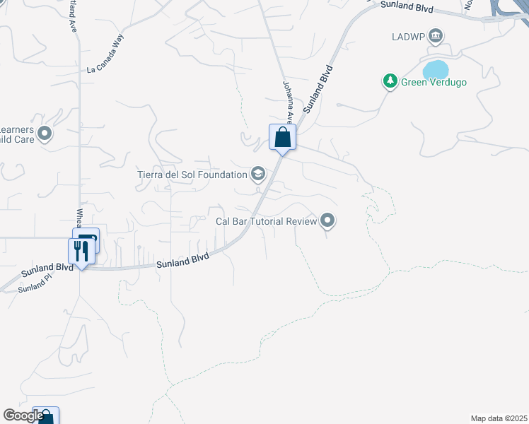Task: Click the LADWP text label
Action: click(x=407, y=36)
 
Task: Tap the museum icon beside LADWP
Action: click(x=436, y=35)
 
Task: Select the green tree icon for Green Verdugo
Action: click(x=390, y=82)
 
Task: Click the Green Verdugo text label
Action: click(x=434, y=82)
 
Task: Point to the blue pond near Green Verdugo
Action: click(x=436, y=70)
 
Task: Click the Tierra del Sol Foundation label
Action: click(x=192, y=174)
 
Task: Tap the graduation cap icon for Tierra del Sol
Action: click(x=258, y=174)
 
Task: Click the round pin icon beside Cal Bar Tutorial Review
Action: click(x=327, y=221)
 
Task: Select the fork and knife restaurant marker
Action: click(x=81, y=251)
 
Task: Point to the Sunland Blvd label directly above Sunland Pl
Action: click(x=47, y=269)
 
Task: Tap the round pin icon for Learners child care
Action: click(x=45, y=133)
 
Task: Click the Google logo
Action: click(x=23, y=416)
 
